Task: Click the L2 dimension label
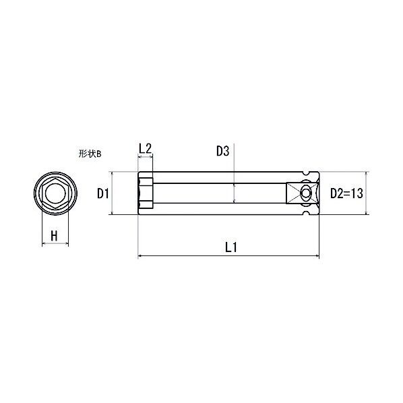pos(145,148)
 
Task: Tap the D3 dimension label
pos(222,151)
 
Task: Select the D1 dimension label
pos(103,193)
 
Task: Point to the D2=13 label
pos(346,193)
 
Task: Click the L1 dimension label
pos(231,247)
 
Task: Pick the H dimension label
pos(54,235)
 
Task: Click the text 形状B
pos(90,154)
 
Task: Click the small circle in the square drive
pos(305,193)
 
